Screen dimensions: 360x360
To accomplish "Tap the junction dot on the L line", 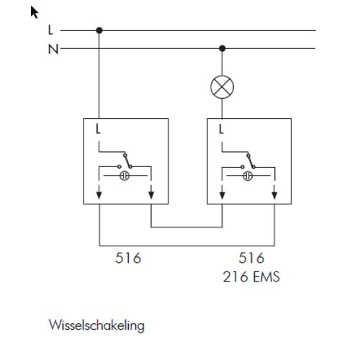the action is [x=99, y=30].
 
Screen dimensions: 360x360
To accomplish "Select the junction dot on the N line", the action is [x=222, y=48].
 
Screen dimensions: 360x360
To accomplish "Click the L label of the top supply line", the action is [x=50, y=30].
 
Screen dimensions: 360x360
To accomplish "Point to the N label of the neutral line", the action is [x=53, y=49].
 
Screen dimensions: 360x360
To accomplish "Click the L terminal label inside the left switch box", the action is [x=98, y=129].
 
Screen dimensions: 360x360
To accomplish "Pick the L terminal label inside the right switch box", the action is [x=221, y=129].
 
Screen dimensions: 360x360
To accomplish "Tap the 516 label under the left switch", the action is [x=128, y=258].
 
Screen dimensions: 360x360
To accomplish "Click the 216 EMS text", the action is [x=251, y=276].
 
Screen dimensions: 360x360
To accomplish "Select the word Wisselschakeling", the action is [x=96, y=325].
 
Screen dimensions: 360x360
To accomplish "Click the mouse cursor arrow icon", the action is [x=35, y=12].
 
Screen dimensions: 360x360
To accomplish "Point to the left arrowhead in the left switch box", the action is [x=99, y=195].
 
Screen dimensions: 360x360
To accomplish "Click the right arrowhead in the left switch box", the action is [x=151, y=195].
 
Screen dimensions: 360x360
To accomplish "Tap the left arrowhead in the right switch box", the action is [x=222, y=195].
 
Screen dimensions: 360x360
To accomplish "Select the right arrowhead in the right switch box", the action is [x=274, y=195].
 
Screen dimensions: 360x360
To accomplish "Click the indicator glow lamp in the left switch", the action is [x=125, y=176].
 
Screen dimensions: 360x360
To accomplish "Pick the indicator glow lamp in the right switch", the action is [x=248, y=176].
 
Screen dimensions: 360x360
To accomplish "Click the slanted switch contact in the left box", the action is [x=127, y=161].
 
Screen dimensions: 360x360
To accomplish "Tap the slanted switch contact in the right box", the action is [x=251, y=161].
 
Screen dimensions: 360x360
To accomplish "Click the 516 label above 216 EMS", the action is [x=251, y=258].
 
